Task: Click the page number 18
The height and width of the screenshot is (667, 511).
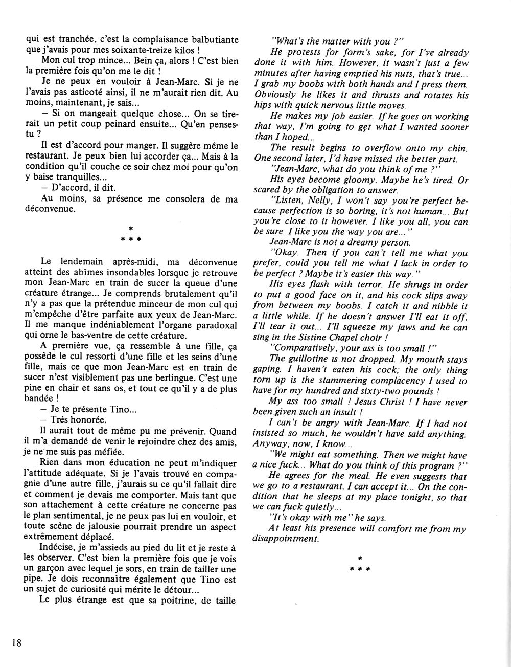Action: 15,643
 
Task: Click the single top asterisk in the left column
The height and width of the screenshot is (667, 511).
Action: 131,227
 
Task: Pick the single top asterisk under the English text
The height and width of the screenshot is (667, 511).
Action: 360,560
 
